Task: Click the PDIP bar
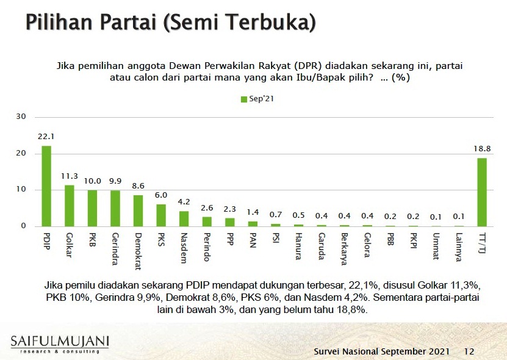tap(46, 186)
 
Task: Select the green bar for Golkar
tap(70, 206)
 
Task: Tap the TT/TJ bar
tap(481, 192)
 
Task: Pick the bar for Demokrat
tap(138, 211)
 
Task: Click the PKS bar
tap(161, 215)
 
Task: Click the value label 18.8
tap(481, 149)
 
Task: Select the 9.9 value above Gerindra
tap(115, 181)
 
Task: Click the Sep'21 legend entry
tap(257, 99)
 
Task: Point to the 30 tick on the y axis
tap(21, 117)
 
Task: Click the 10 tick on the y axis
tap(21, 190)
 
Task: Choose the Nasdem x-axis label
tap(184, 247)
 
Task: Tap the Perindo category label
tap(207, 248)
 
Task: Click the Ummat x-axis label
tap(436, 245)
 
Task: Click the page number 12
tap(469, 351)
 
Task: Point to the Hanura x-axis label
tap(298, 246)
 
